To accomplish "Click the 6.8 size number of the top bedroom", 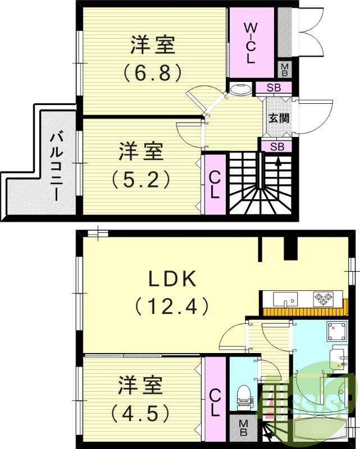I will click(152, 72).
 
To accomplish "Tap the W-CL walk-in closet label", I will click(250, 42).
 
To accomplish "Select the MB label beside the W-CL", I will click(285, 70).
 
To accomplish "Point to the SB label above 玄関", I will click(274, 88).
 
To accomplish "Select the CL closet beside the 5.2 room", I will click(214, 184).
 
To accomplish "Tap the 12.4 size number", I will click(171, 306).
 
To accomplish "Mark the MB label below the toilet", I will click(243, 428).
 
